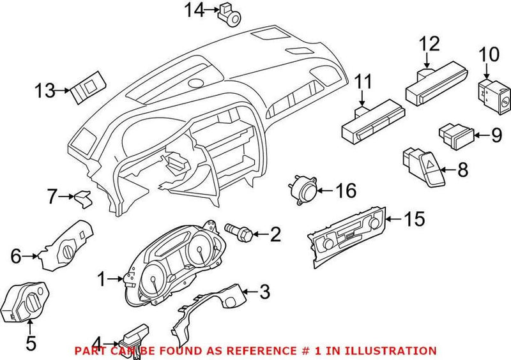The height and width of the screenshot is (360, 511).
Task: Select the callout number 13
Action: click(45, 91)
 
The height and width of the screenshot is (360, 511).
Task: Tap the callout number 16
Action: click(346, 190)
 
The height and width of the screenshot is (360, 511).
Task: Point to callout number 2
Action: click(275, 235)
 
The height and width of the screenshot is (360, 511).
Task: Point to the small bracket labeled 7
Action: click(82, 199)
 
